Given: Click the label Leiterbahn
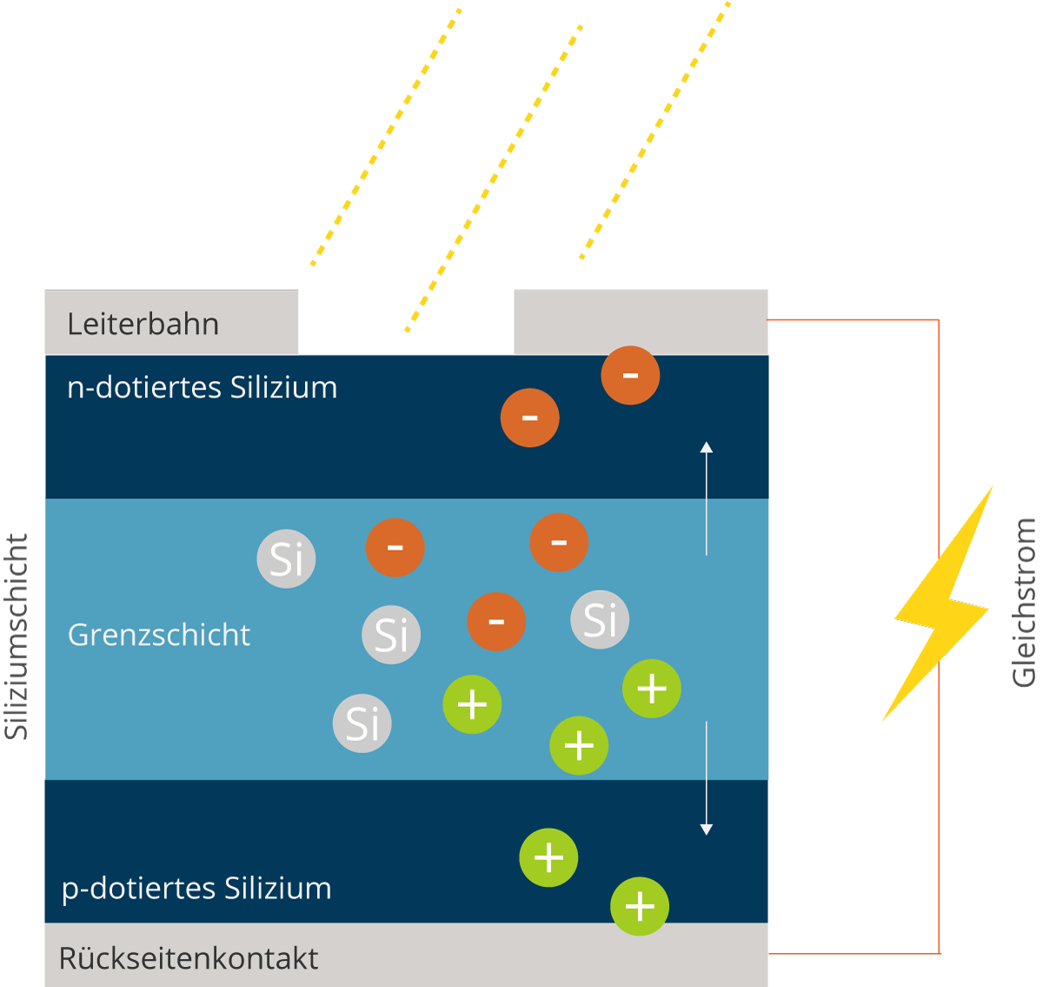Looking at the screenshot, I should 143,324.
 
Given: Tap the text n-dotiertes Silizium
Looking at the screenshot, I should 202,388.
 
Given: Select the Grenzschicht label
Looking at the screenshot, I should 159,635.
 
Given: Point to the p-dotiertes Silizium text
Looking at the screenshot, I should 196,889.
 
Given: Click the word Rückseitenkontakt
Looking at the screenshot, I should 189,958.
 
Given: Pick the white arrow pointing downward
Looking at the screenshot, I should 707,778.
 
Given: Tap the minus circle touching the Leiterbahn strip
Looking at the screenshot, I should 630,375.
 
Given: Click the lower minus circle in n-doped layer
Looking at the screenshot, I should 529,417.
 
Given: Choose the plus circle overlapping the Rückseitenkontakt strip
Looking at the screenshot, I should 640,906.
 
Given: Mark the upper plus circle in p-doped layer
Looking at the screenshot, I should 548,857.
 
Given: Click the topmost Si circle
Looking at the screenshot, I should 286,559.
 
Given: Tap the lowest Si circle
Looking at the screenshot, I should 362,723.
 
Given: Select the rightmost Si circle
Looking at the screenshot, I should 600,620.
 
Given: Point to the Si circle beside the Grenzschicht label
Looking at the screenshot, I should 391,635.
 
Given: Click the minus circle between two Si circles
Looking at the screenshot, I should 496,622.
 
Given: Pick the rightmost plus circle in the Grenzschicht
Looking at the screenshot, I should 651,689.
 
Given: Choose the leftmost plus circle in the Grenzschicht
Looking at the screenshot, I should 472,704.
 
